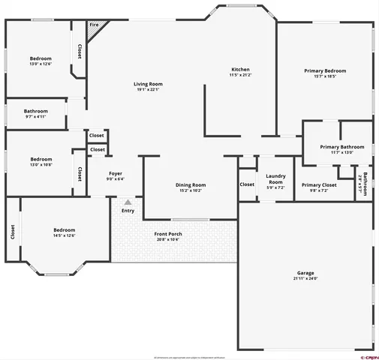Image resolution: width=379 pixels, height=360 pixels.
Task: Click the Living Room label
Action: (x=148, y=84)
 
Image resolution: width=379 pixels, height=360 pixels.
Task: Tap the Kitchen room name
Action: (x=240, y=69)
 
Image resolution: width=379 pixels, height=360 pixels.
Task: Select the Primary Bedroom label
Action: (x=324, y=70)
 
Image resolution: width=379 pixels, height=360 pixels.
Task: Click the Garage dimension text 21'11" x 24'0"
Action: (x=305, y=278)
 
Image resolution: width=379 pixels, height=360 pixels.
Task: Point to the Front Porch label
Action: (x=168, y=233)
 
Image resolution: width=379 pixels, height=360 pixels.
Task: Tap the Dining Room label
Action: (x=190, y=184)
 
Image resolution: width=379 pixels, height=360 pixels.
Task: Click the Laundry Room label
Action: (x=275, y=178)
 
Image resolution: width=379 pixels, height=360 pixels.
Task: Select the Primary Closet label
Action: (x=320, y=184)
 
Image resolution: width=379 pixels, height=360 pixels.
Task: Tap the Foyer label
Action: (x=116, y=173)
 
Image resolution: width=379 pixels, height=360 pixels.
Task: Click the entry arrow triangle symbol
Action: (x=128, y=202)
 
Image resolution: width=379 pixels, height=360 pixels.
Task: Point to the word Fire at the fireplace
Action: (x=94, y=25)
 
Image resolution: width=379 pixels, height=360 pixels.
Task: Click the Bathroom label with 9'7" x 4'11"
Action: (x=36, y=111)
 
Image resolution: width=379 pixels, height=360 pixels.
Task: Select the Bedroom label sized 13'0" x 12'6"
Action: (x=41, y=58)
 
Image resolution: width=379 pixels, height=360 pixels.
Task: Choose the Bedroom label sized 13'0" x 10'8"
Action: (x=41, y=159)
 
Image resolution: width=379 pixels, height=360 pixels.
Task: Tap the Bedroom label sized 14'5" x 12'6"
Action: (x=64, y=230)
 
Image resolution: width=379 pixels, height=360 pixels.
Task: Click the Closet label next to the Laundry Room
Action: (x=247, y=184)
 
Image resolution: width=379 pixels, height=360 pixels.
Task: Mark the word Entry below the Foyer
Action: (x=128, y=211)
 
